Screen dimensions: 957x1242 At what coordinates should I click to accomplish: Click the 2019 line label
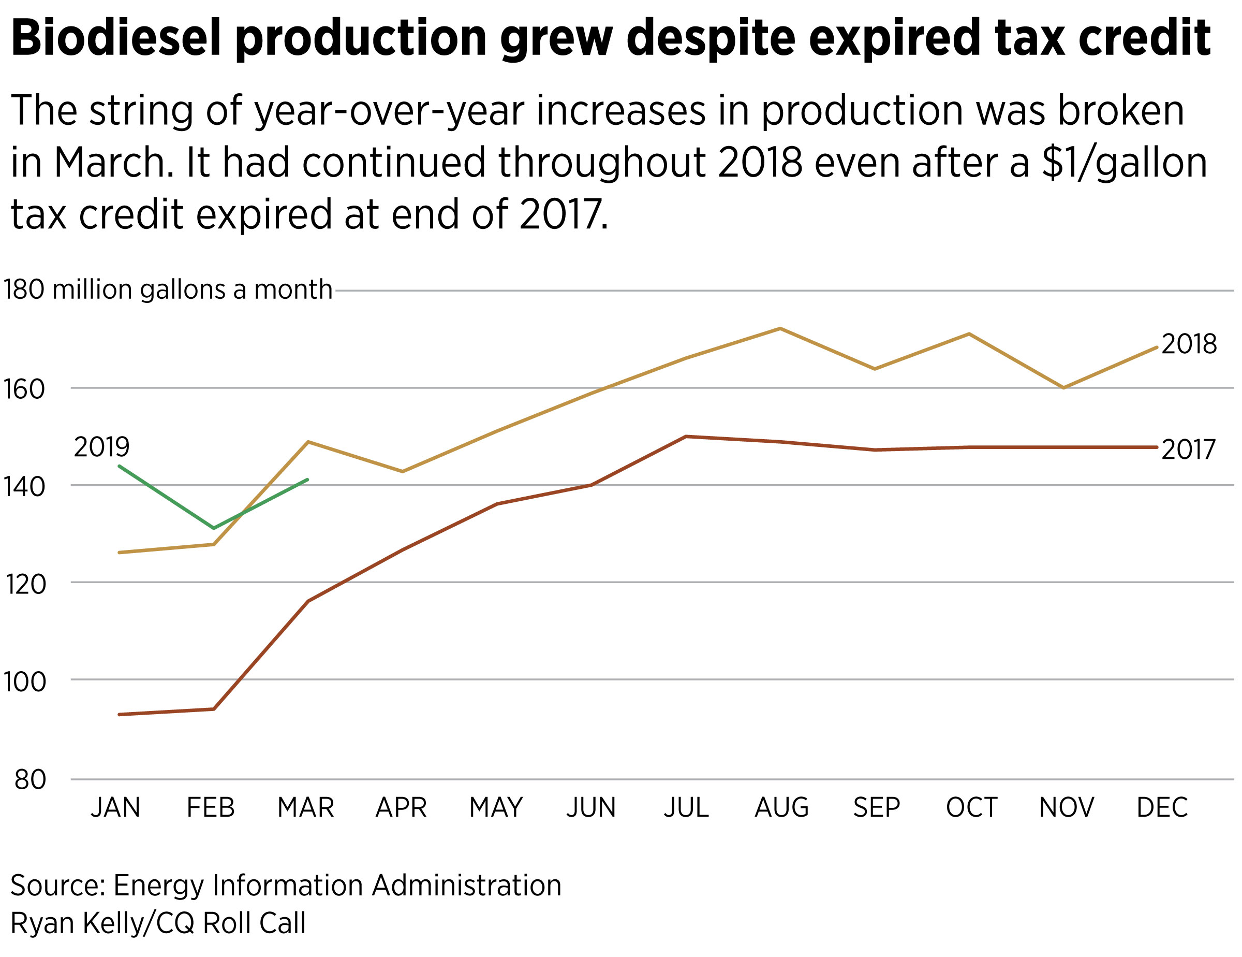click(102, 447)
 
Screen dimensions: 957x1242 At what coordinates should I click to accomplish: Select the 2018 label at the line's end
click(1189, 344)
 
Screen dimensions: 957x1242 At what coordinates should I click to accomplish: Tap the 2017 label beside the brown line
click(1188, 450)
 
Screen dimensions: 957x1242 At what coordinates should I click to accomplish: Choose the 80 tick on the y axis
click(30, 780)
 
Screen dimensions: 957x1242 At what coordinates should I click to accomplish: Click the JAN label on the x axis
click(115, 808)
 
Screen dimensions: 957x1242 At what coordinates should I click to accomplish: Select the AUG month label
click(781, 808)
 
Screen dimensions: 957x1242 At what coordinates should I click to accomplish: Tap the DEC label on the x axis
click(1162, 808)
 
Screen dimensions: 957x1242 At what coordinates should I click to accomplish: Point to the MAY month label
click(496, 808)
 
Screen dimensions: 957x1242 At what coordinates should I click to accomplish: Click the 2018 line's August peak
click(780, 328)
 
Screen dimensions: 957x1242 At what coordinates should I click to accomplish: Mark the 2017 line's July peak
click(686, 437)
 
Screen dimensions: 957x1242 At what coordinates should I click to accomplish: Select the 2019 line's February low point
click(214, 528)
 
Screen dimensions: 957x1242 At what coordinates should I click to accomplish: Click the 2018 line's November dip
click(1063, 387)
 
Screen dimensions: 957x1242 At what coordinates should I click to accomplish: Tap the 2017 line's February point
click(214, 709)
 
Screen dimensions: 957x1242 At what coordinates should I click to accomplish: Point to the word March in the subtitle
click(114, 163)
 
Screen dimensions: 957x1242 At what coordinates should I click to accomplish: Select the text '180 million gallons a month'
click(168, 289)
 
